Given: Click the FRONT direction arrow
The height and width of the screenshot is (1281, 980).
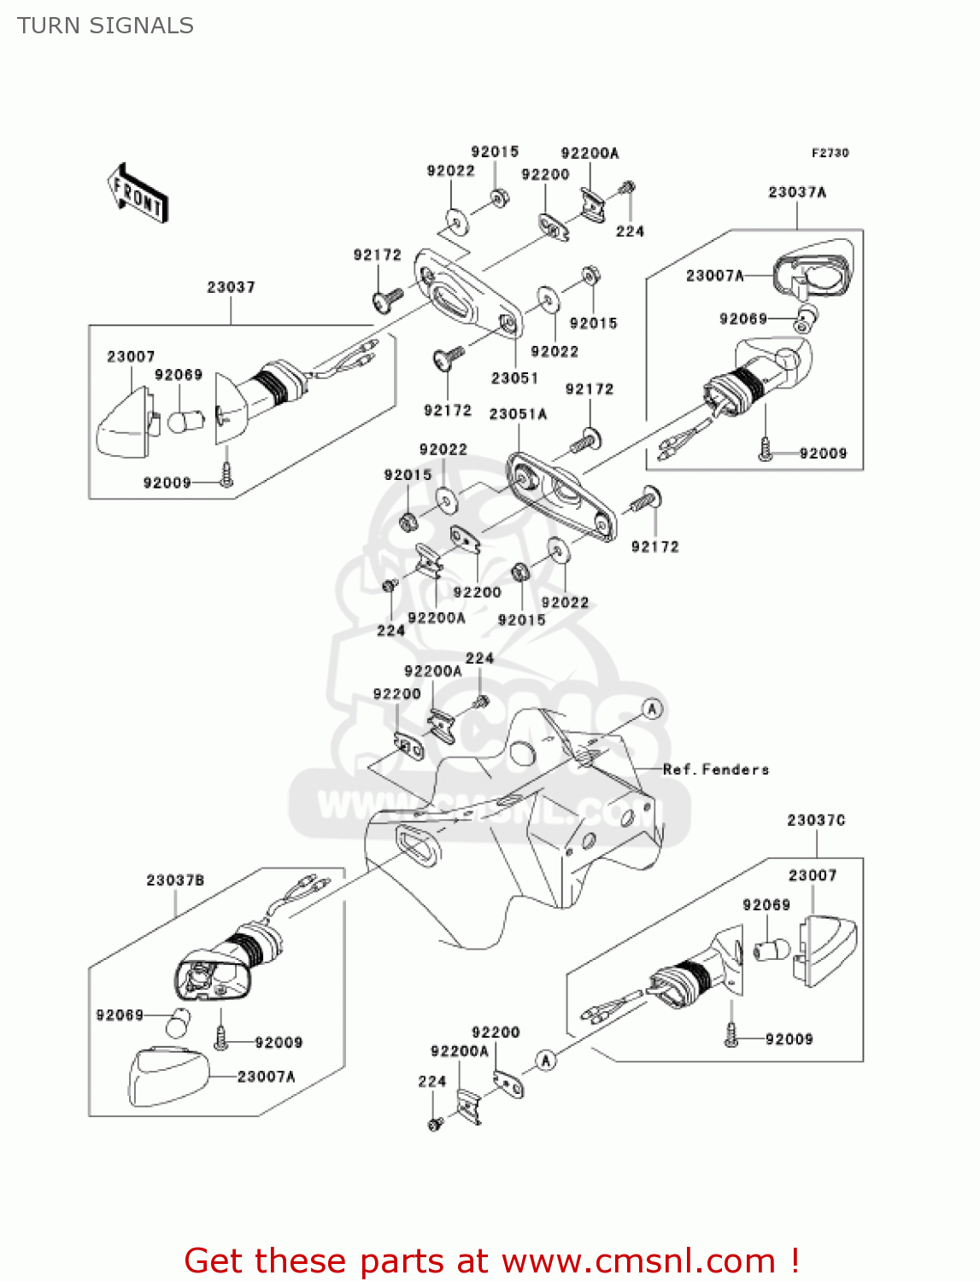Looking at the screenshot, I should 138,195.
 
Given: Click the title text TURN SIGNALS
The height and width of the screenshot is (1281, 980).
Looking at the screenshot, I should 105,26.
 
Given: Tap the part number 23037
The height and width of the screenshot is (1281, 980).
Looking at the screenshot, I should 231,287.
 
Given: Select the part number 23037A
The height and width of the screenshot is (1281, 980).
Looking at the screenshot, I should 796,192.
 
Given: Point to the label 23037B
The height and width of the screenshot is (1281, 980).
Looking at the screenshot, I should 175,880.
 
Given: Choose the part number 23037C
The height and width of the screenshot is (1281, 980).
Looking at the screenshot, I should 816,820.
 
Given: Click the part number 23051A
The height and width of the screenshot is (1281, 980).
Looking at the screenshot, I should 518,414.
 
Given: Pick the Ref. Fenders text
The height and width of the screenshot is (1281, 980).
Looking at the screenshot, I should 716,769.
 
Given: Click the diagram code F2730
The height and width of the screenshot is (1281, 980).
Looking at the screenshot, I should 830,153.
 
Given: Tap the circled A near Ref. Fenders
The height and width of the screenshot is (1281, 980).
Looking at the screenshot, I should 652,709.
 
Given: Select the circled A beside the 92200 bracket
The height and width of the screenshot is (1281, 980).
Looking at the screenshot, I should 546,1060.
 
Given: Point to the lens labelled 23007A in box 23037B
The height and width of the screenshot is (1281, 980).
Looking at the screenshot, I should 168,1076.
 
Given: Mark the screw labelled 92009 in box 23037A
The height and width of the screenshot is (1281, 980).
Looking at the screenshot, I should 766,450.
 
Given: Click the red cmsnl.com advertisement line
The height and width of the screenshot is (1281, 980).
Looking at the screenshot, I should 491,1261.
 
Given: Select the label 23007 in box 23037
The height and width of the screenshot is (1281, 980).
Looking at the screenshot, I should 131,356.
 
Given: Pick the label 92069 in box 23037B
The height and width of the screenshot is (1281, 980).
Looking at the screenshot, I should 120,1015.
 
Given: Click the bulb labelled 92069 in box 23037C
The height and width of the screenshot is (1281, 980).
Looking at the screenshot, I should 771,948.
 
